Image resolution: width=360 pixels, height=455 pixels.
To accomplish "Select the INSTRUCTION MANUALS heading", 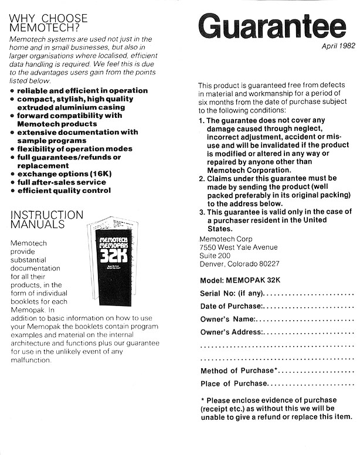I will (x=47, y=219).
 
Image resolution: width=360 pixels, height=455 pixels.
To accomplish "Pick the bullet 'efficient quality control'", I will (x=64, y=191).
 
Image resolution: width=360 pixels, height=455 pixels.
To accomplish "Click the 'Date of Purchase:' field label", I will (x=232, y=305).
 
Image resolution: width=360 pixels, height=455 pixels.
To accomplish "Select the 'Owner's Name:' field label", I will (x=228, y=319).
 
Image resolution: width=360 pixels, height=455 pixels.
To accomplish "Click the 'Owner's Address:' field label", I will (x=232, y=332).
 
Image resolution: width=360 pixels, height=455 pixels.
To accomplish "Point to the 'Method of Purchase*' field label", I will (x=237, y=371).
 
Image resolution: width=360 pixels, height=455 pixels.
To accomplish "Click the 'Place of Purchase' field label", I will (x=234, y=383).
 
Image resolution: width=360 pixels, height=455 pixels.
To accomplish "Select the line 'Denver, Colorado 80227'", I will (x=240, y=264).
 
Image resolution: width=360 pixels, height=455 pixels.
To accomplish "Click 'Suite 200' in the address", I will (x=215, y=256).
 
